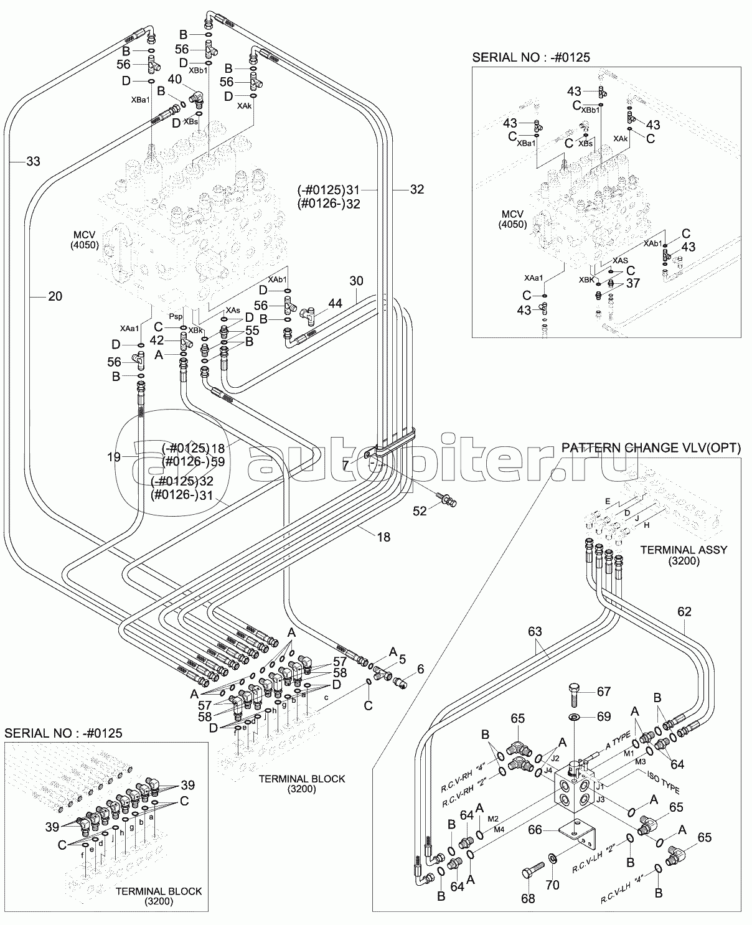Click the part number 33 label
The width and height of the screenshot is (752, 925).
(x=33, y=162)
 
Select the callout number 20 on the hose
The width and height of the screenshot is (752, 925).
(x=55, y=296)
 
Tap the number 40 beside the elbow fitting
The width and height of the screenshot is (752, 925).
(x=175, y=79)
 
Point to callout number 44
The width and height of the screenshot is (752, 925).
(x=335, y=303)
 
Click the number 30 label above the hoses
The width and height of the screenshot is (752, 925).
(x=355, y=281)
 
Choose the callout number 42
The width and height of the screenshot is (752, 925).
(x=156, y=340)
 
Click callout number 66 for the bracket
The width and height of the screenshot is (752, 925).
(x=536, y=830)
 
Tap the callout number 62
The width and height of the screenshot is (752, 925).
(x=684, y=612)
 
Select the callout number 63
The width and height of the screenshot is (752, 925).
(x=535, y=632)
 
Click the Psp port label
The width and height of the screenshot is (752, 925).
(x=176, y=316)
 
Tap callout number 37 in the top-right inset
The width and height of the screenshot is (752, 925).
(x=634, y=284)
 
